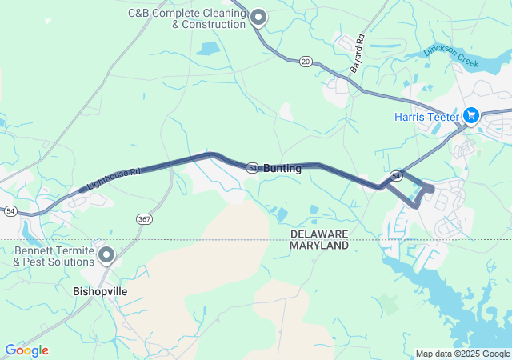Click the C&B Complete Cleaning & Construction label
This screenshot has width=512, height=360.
coord(186,18)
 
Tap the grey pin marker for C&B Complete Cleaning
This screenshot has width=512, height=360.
coord(258,17)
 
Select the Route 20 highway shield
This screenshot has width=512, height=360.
coord(306,61)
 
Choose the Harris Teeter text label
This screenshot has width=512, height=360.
coord(426,117)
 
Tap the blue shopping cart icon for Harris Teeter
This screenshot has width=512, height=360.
coord(470,116)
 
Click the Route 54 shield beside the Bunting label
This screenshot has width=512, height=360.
coord(252,168)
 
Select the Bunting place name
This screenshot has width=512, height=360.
coord(282,169)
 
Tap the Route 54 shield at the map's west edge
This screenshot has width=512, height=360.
coord(10,211)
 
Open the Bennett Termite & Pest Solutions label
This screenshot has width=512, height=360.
coord(54,256)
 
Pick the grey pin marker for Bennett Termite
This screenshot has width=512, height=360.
coord(106,255)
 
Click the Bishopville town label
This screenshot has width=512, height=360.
coord(100,292)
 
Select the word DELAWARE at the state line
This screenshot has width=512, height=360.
coord(319,233)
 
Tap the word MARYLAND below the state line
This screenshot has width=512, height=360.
coord(319,246)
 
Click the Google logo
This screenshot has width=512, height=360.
coord(26,350)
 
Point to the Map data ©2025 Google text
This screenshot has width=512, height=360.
coord(462,354)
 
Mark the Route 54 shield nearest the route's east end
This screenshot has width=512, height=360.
coord(396,174)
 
